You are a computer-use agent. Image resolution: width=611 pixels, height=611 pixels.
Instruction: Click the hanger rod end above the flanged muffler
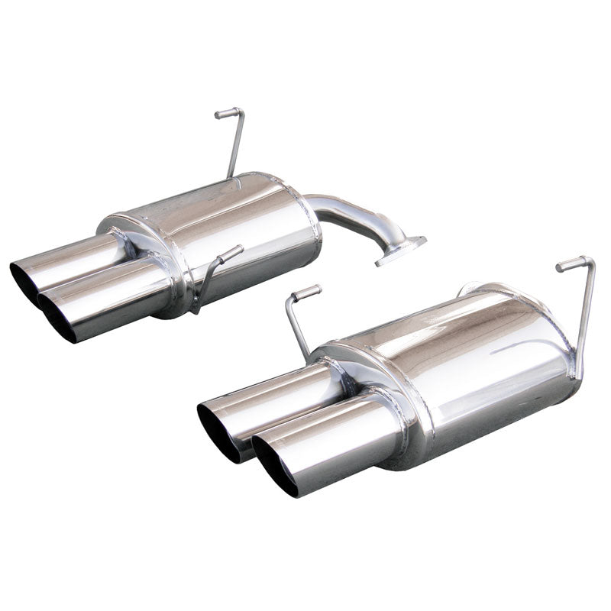pos(223,114)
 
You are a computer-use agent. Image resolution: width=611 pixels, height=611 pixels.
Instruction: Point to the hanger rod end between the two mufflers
pos(305,292)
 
